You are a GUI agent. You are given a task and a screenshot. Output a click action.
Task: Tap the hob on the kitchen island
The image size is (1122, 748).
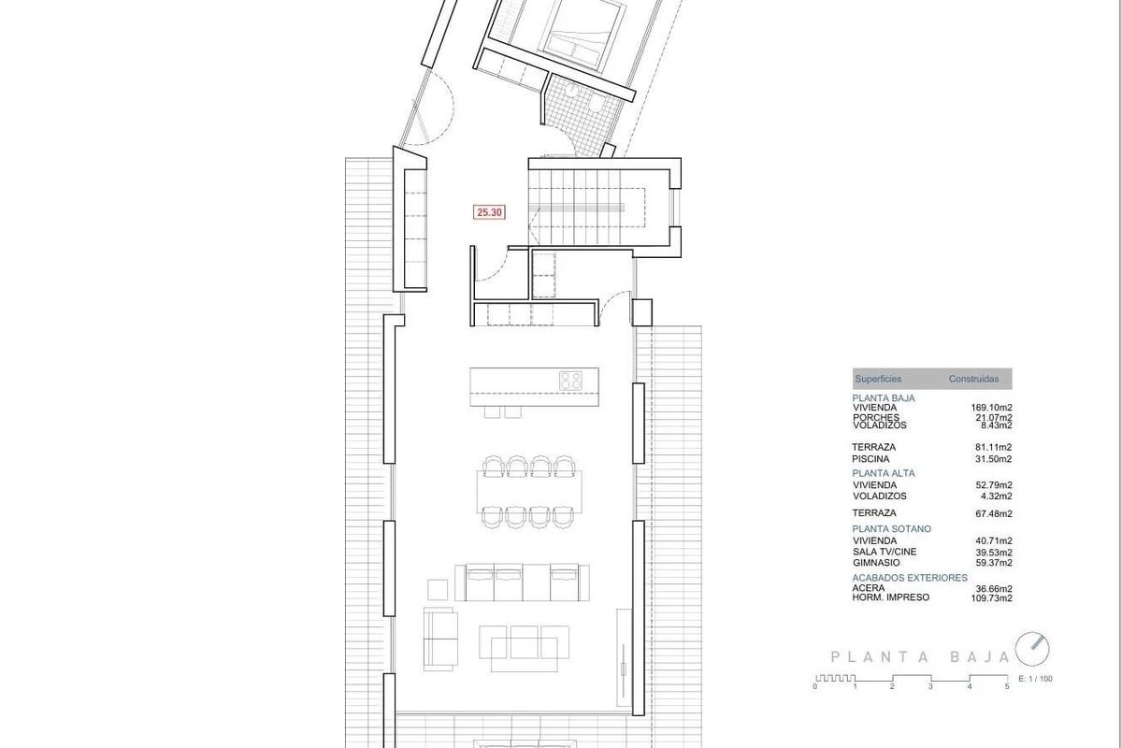pos(571,381)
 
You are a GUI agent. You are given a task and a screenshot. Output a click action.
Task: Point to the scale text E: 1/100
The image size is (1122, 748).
pos(1034,679)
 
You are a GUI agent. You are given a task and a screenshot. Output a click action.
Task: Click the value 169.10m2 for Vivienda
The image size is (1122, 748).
pos(992,408)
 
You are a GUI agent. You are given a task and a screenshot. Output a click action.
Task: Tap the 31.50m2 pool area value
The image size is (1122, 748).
pos(994,459)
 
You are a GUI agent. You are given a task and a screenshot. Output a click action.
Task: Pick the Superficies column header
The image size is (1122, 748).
pos(878,379)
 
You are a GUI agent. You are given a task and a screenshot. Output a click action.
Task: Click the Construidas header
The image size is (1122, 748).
pos(973,379)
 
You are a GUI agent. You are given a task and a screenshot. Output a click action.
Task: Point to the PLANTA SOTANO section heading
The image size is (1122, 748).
pos(892,529)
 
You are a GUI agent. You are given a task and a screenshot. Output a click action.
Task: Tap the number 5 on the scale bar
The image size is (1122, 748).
pos(1007,687)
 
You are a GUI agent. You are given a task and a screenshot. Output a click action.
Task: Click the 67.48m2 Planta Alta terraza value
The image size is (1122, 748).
pos(994,513)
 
